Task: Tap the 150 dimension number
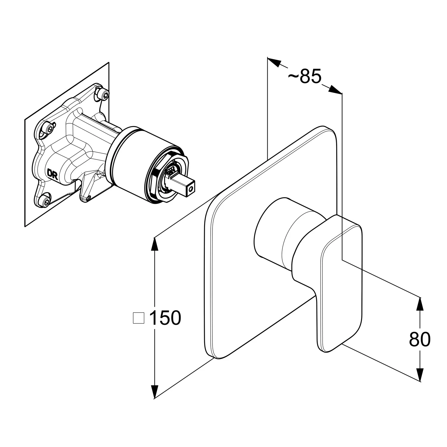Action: (165, 318)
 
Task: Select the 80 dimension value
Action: (420, 339)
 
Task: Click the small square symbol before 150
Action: (138, 318)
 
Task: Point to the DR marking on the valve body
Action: (52, 174)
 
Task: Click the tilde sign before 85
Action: (294, 77)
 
